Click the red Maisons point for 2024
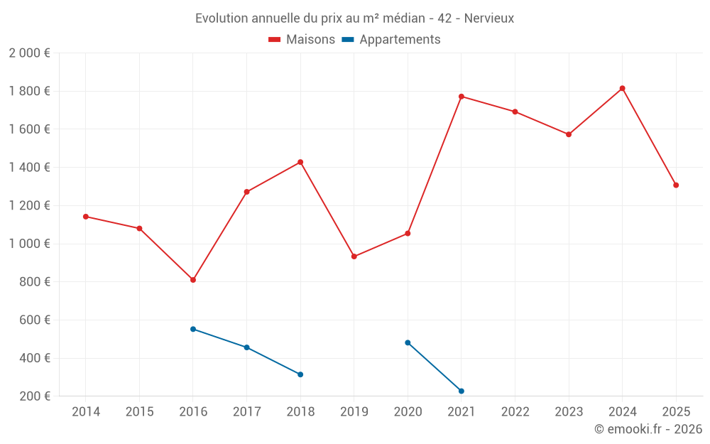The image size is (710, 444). pyautogui.click(x=622, y=88)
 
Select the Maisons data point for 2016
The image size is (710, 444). pyautogui.click(x=193, y=280)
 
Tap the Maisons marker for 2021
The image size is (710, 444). pyautogui.click(x=461, y=97)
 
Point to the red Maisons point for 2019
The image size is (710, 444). pyautogui.click(x=354, y=256)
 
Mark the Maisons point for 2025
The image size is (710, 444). pyautogui.click(x=676, y=185)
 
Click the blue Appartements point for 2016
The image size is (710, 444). pyautogui.click(x=193, y=329)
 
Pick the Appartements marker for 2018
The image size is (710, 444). pyautogui.click(x=300, y=374)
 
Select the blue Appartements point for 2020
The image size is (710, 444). pyautogui.click(x=408, y=342)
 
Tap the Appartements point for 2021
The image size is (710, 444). pyautogui.click(x=461, y=391)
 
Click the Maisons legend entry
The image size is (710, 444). pyautogui.click(x=302, y=40)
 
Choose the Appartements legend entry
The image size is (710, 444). pyautogui.click(x=391, y=40)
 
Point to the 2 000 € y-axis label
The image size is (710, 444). pyautogui.click(x=29, y=53)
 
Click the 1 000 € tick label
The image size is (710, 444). pyautogui.click(x=29, y=244)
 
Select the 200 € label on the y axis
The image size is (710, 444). pyautogui.click(x=34, y=396)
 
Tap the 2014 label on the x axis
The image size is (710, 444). pyautogui.click(x=86, y=412)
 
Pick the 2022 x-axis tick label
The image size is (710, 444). pyautogui.click(x=515, y=412)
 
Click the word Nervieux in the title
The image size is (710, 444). pyautogui.click(x=489, y=18)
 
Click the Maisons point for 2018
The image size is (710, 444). pyautogui.click(x=300, y=162)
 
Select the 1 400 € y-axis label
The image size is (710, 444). pyautogui.click(x=29, y=168)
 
